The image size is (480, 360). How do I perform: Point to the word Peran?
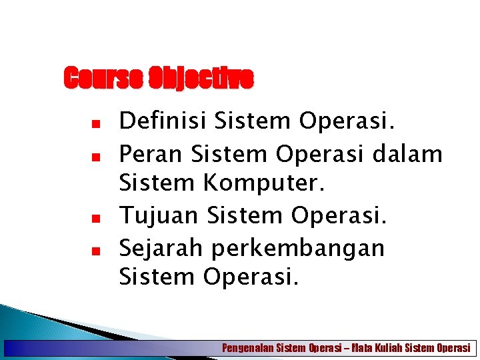tap(151, 154)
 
